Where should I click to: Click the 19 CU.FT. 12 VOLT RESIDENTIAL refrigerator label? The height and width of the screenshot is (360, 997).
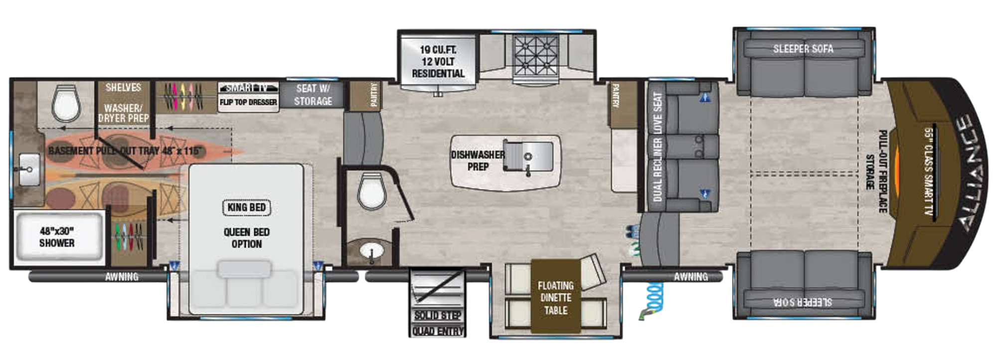(x=438, y=61)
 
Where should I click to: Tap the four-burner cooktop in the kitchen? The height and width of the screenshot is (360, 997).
(x=536, y=56)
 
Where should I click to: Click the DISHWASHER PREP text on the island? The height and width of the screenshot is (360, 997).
(x=478, y=161)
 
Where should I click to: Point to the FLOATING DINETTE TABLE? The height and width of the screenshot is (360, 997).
(x=555, y=297)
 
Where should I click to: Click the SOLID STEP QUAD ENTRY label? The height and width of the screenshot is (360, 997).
(x=438, y=323)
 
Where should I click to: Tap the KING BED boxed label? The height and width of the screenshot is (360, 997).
(x=246, y=207)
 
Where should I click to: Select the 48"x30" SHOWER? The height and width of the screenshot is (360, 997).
(x=57, y=237)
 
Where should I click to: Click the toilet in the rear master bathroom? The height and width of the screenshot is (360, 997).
(x=66, y=103)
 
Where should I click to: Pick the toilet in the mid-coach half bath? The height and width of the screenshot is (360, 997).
(x=372, y=191)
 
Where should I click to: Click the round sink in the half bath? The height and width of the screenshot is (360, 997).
(x=371, y=251)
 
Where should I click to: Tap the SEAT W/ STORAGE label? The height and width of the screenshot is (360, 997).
(x=313, y=95)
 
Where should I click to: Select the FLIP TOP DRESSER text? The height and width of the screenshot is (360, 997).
(x=248, y=102)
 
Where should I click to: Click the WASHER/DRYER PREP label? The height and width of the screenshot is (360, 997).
(x=124, y=113)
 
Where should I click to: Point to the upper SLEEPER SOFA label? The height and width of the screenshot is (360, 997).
(x=803, y=49)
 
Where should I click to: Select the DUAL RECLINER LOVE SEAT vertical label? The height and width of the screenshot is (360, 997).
(x=658, y=147)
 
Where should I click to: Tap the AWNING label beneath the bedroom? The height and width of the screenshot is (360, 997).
(x=121, y=277)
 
